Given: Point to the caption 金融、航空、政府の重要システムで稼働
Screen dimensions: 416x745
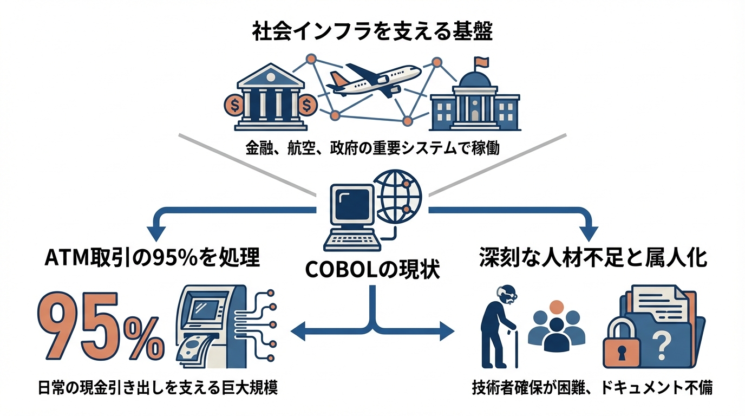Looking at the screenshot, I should [372, 148].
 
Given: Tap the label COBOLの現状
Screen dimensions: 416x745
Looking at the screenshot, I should [372, 269].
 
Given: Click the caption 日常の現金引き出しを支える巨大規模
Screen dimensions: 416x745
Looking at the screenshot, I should [158, 388].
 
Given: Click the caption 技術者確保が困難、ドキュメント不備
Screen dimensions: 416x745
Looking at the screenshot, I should [592, 388].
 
